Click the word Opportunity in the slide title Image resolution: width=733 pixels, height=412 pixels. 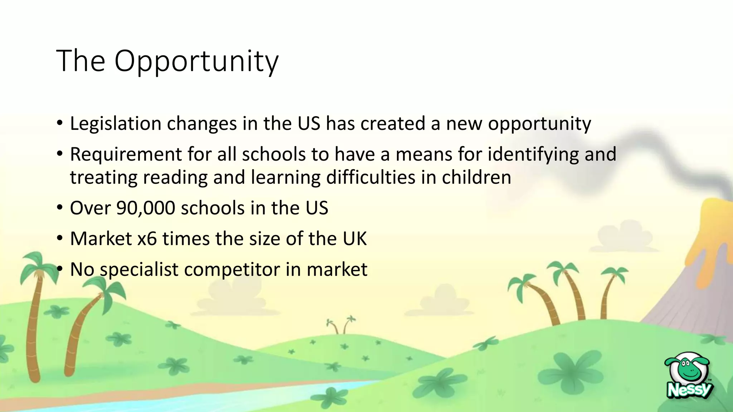[196, 61]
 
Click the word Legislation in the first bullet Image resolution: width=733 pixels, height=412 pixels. [116, 124]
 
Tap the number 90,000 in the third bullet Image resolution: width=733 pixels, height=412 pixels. [146, 208]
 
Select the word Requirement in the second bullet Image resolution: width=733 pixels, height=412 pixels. [126, 154]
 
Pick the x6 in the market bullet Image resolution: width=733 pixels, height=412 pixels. [147, 239]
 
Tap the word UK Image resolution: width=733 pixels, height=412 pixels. [355, 239]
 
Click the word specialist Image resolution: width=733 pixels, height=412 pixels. [139, 269]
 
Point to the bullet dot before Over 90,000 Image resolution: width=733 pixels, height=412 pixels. [60, 207]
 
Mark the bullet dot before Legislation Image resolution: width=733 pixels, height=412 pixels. [60, 123]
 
